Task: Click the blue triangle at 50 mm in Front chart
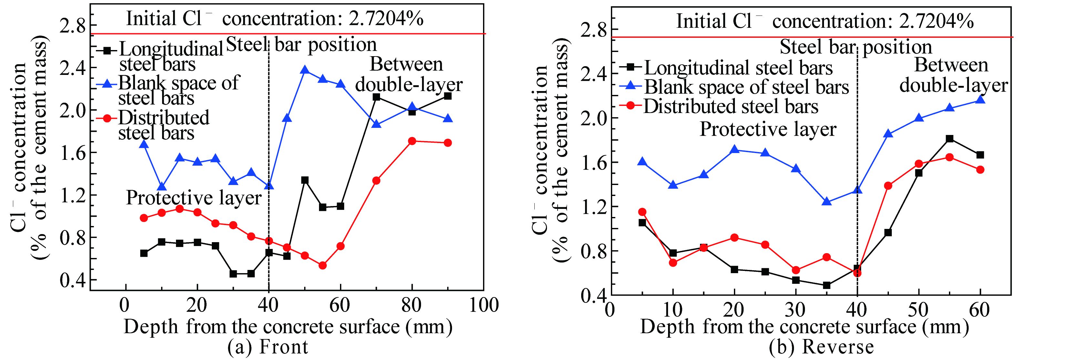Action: pos(305,70)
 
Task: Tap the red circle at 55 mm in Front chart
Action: pos(323,265)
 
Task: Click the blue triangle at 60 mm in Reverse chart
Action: pos(980,99)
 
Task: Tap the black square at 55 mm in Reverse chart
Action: pos(950,139)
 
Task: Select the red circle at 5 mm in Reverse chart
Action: pos(642,212)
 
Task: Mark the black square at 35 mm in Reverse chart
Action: pos(827,285)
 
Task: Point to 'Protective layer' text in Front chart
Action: pos(194,198)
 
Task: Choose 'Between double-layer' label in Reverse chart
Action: pos(953,75)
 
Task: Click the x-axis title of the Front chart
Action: pos(287,327)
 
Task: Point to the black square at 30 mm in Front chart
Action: pos(233,274)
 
